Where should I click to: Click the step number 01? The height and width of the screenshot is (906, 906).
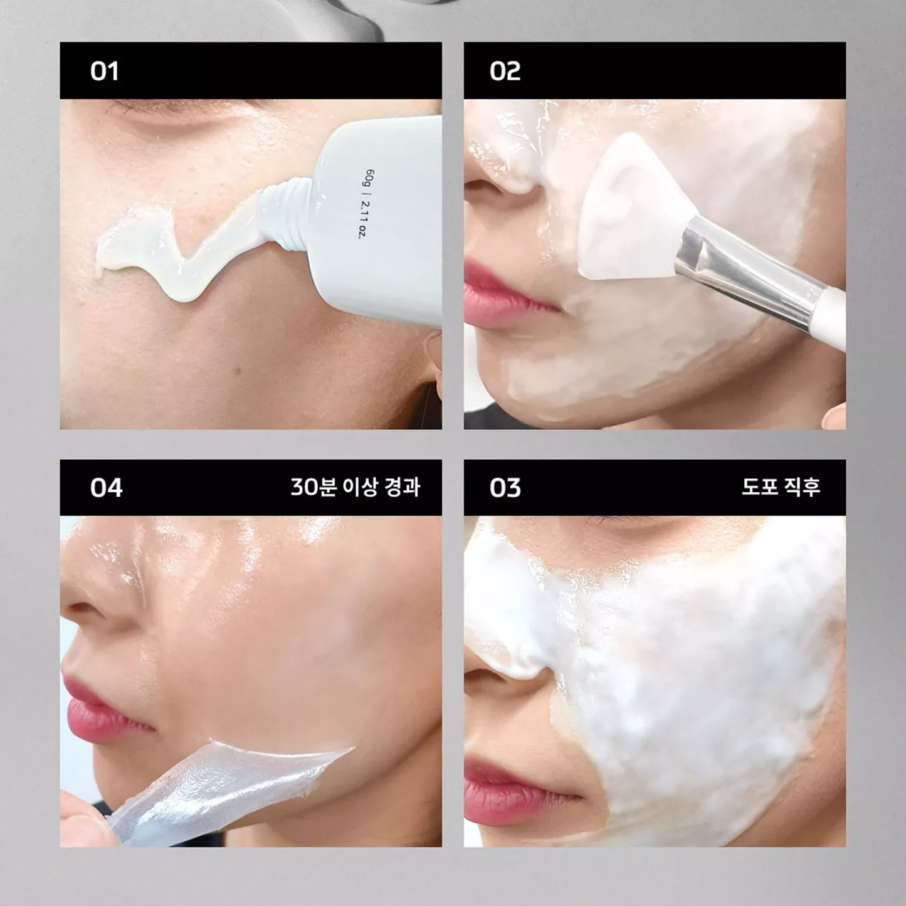point(104,71)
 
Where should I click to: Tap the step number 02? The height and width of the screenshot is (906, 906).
point(505,71)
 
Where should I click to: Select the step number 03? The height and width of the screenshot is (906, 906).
point(505,488)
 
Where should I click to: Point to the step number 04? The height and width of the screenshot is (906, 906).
point(106,488)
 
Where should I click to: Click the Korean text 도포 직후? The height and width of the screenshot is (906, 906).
point(781,487)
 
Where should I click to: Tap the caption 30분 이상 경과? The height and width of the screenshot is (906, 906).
point(355,487)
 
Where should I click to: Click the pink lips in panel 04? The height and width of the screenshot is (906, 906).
point(101,705)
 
